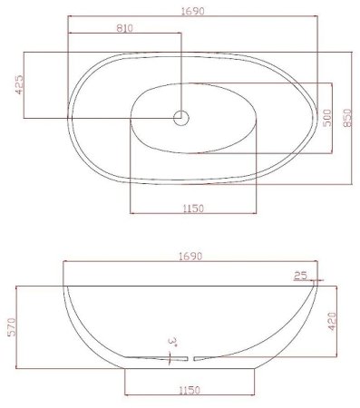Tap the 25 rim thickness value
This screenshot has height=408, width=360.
tap(300, 274)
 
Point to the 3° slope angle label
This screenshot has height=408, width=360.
tap(171, 342)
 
